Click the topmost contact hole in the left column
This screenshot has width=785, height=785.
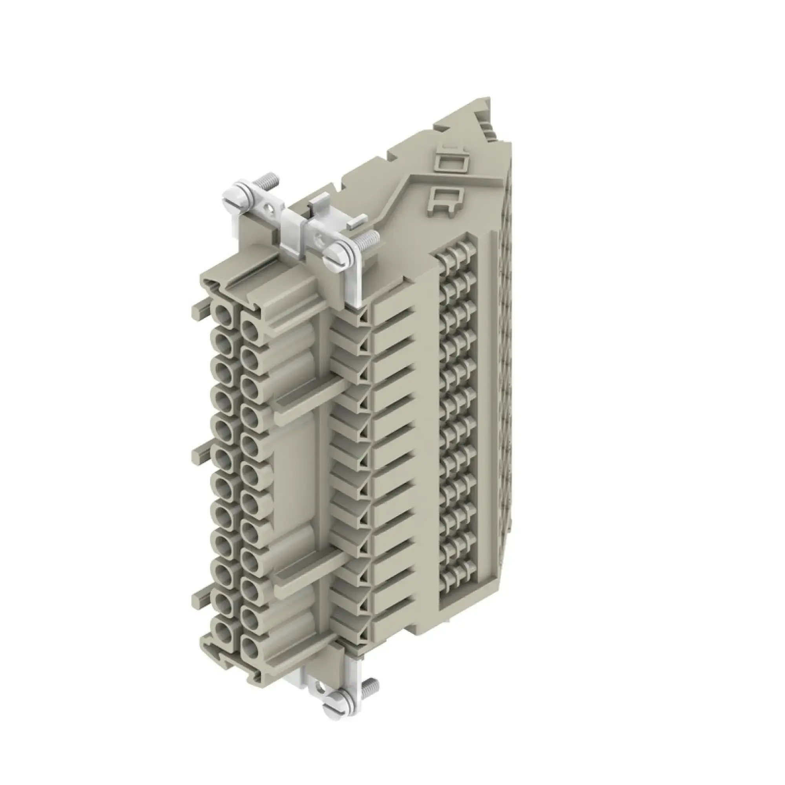(223, 314)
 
